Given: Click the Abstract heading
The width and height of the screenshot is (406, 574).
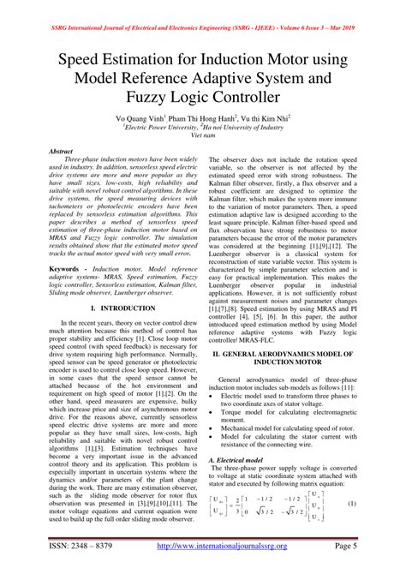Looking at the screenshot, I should pos(66,151).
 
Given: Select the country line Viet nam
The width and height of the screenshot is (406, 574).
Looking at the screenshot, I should pos(202,135).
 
